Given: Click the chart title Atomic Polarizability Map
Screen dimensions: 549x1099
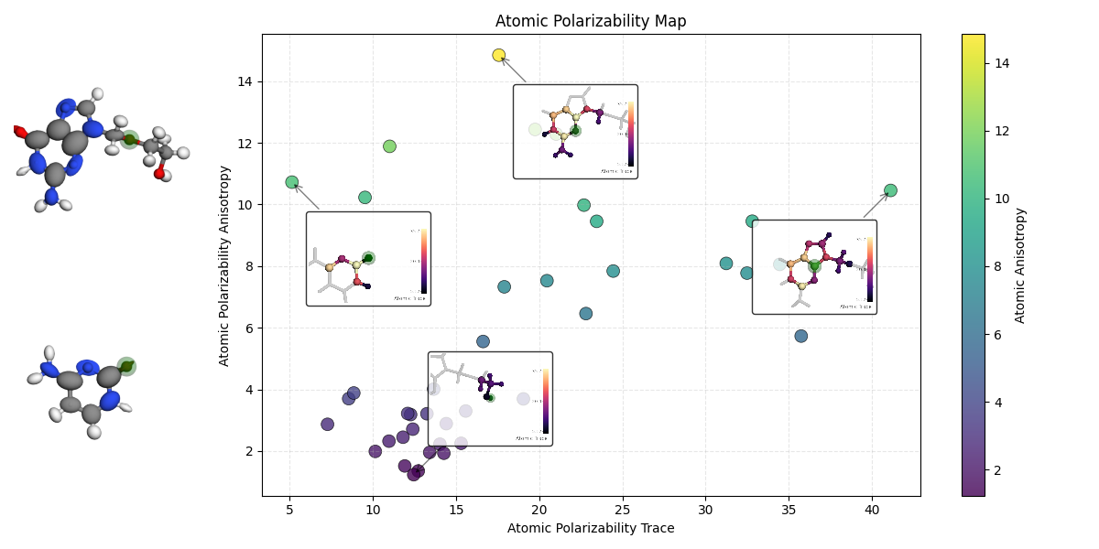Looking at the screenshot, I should pyautogui.click(x=591, y=21).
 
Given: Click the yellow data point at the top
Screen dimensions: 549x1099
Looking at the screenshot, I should pyautogui.click(x=498, y=55).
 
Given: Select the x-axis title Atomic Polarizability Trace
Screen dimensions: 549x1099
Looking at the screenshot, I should pyautogui.click(x=591, y=528).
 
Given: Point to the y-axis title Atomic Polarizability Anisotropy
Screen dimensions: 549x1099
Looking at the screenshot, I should pyautogui.click(x=225, y=265).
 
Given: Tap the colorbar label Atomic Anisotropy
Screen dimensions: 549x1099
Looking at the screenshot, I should pyautogui.click(x=1020, y=265).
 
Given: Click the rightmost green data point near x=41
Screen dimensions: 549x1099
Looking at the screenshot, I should pyautogui.click(x=890, y=190).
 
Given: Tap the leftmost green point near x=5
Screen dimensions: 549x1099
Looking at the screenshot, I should pyautogui.click(x=291, y=182).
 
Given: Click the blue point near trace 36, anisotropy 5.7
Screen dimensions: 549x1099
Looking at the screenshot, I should pyautogui.click(x=801, y=336).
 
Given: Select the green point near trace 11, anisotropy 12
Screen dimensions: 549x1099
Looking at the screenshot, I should pyautogui.click(x=389, y=146).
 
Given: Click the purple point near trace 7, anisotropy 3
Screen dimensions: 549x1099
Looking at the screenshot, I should pyautogui.click(x=327, y=425).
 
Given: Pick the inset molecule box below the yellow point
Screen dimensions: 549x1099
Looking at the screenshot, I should pyautogui.click(x=575, y=132).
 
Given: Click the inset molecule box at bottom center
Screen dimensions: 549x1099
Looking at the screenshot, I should pyautogui.click(x=490, y=399).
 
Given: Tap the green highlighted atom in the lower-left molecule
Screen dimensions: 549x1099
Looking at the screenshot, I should pyautogui.click(x=126, y=366).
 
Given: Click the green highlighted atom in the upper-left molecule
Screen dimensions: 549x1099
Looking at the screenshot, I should pyautogui.click(x=129, y=139).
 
